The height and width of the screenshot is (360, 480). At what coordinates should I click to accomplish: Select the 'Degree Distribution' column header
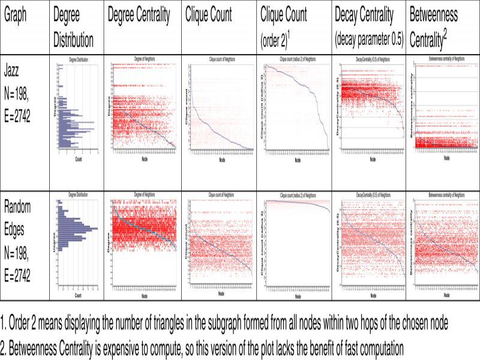point(73,28)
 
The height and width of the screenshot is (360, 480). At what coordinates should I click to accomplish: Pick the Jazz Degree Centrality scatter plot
point(144,108)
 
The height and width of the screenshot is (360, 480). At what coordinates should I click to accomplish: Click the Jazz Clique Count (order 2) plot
point(296,108)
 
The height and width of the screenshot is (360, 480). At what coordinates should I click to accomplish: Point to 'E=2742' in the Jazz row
point(22,113)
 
